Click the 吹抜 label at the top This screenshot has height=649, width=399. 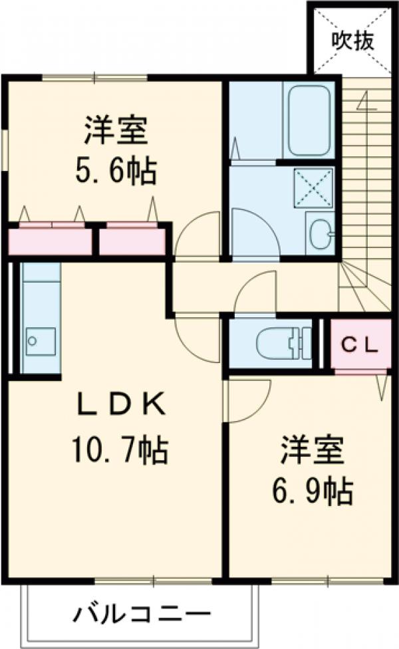tap(353, 41)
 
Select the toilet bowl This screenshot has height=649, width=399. tap(273, 343)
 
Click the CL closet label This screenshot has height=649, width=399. tap(360, 345)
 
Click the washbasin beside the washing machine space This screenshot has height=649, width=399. tap(321, 233)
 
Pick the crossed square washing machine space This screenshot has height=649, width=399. tap(313, 188)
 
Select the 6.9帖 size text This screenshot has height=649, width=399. tap(312, 491)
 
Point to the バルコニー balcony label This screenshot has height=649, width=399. tap(142, 614)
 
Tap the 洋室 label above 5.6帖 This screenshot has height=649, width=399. tap(116, 130)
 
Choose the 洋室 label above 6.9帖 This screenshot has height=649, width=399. tap(313, 450)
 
